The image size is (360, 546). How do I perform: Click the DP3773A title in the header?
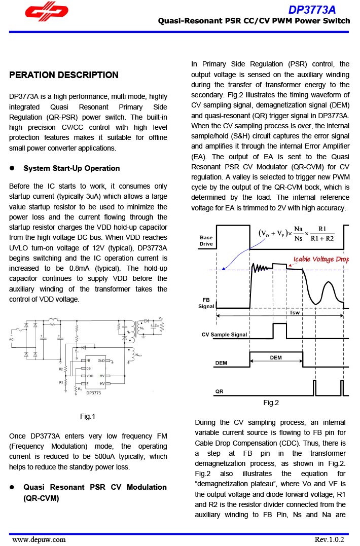click(312, 10)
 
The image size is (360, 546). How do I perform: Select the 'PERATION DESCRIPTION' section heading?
click(64, 75)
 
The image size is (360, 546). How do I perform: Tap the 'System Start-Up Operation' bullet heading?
click(71, 168)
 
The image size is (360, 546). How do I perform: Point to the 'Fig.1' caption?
click(88, 417)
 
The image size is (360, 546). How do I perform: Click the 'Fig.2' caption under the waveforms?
click(271, 403)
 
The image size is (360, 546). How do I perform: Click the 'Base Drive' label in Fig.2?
click(206, 240)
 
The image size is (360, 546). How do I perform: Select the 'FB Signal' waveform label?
click(206, 303)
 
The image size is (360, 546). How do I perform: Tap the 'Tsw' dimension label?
click(295, 313)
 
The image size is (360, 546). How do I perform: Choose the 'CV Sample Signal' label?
click(224, 335)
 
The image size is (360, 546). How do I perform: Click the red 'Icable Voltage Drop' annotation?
click(321, 260)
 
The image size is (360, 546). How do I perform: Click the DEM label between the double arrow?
click(276, 357)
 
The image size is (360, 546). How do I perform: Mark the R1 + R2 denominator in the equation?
click(322, 239)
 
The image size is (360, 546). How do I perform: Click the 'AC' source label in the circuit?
click(12, 339)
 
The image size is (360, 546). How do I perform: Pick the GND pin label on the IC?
click(101, 360)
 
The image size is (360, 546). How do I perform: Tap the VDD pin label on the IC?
click(90, 376)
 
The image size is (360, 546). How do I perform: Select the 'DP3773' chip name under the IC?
click(93, 392)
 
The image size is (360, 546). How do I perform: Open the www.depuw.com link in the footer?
click(39, 539)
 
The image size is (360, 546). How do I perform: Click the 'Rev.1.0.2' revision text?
click(329, 539)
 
